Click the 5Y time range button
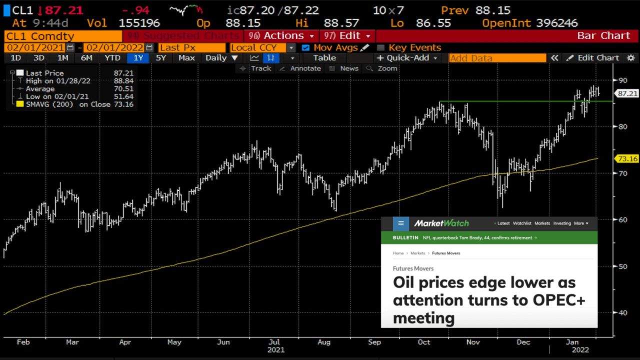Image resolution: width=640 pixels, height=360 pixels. tap(160, 58)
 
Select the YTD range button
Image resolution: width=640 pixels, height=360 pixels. tap(112, 58)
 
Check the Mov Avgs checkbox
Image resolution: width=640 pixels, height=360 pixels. tap(306, 48)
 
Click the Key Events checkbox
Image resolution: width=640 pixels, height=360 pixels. tap(380, 48)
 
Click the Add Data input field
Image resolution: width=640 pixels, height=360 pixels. tap(497, 58)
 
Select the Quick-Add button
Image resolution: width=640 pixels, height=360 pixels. tap(407, 58)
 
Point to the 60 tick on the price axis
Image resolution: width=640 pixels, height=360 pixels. tap(622, 219)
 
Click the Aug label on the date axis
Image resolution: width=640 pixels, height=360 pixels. tap(324, 342)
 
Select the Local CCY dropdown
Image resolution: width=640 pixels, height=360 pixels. tap(258, 48)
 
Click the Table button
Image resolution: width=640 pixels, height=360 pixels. tap(324, 58)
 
